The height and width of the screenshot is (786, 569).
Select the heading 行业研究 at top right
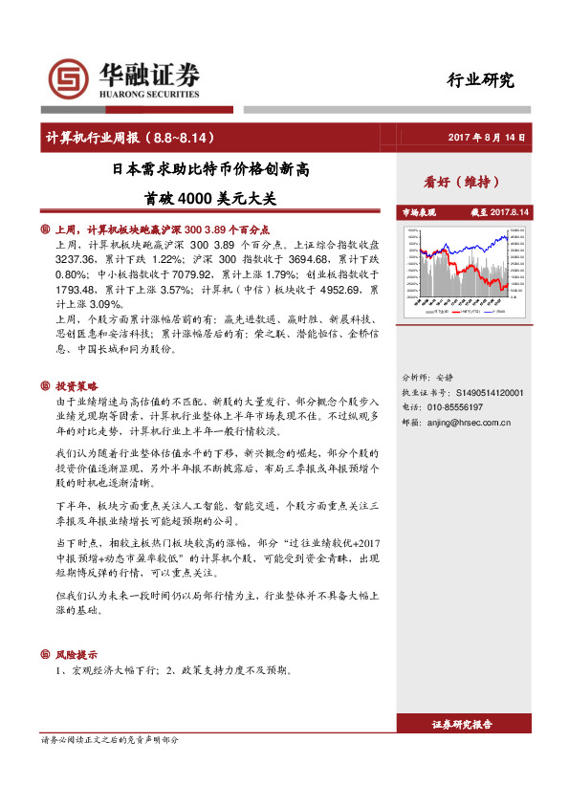click(481, 79)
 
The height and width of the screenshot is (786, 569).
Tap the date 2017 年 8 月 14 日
click(488, 138)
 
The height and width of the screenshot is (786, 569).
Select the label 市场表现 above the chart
click(418, 211)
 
